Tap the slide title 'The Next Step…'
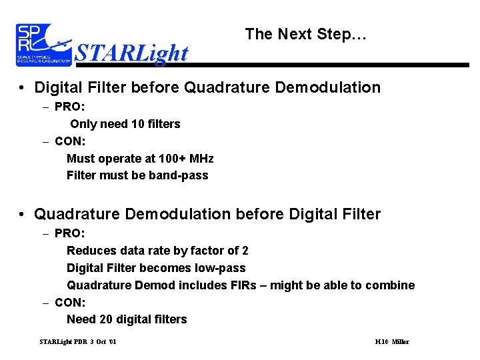305,34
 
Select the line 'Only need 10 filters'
125,123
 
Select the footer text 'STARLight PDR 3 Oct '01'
78,342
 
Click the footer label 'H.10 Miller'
392,342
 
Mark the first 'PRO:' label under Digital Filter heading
70,106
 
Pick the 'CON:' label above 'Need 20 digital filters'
70,302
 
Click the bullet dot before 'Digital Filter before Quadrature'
22,88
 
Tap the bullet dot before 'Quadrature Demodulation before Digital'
22,215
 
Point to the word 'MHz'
201,159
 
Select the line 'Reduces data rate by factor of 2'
157,251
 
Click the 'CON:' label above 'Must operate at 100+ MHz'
70,141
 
